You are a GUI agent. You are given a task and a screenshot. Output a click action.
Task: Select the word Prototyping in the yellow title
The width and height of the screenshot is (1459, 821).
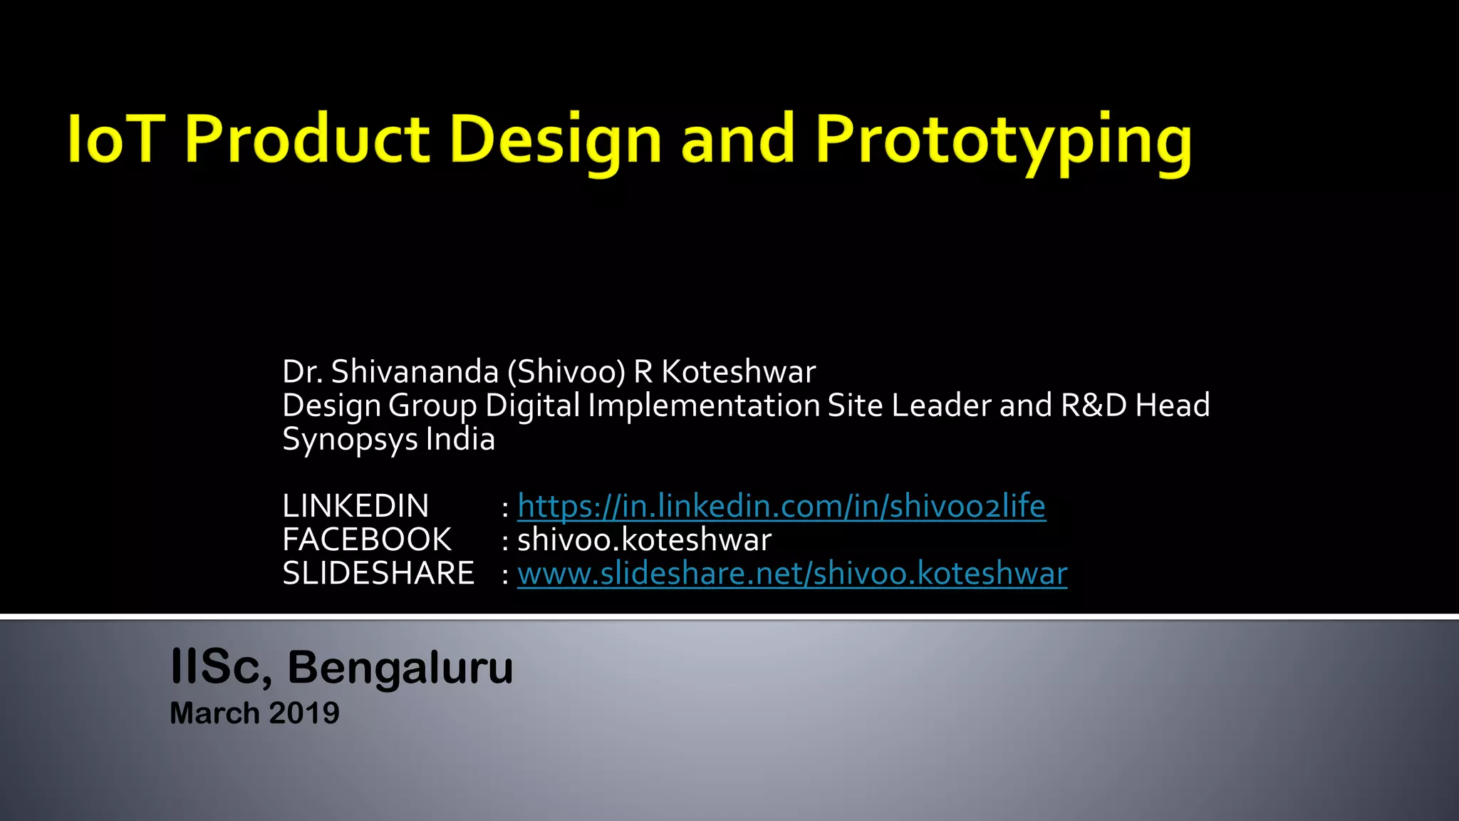point(1003,141)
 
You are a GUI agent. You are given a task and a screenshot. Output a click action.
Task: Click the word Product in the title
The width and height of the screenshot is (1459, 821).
point(307,139)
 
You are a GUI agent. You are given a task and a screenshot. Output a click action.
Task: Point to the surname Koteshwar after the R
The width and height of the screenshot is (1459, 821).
point(738,372)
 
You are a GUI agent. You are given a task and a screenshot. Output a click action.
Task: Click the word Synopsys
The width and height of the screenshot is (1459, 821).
point(350,440)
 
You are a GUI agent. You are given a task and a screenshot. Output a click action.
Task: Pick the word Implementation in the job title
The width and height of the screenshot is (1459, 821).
point(704,406)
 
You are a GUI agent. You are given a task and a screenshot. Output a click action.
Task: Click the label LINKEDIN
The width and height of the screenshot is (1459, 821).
point(355,507)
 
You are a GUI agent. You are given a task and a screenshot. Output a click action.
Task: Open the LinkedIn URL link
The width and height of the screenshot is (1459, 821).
point(781,507)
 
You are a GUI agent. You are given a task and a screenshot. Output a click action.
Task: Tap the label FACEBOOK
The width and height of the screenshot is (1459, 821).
point(366,540)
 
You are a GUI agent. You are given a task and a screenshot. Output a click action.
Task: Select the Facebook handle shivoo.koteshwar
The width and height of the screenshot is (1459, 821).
point(644,540)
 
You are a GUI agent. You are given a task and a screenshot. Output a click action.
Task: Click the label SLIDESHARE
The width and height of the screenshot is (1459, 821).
point(378,574)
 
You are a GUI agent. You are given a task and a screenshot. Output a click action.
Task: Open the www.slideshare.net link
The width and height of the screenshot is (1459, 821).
point(791,574)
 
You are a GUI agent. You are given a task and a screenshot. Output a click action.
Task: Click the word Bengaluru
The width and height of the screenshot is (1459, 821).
point(400,668)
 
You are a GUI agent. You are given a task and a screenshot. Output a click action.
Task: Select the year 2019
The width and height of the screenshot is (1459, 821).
point(304,713)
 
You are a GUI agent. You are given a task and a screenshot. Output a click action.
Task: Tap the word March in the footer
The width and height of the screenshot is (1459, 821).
point(214,713)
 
